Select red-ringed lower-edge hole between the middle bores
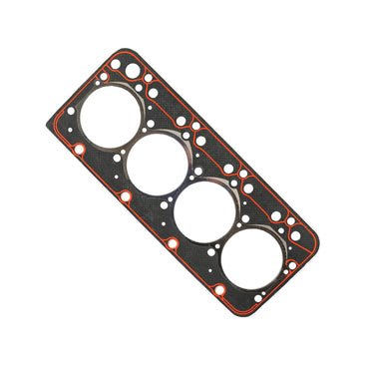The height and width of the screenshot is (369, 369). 171,242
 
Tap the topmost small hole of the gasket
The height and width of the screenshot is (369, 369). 116,63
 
